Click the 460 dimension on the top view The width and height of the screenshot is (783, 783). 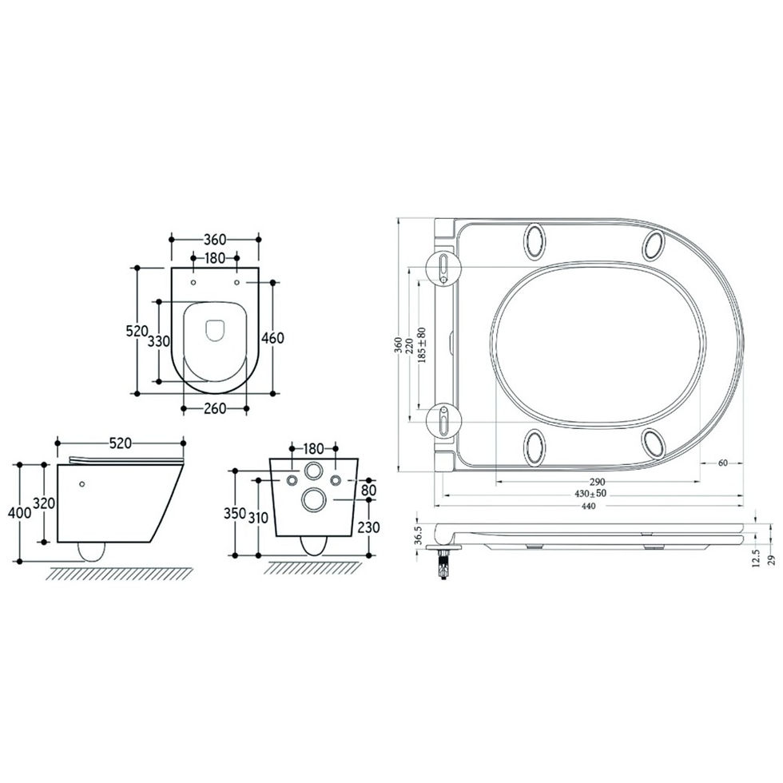pos(272,338)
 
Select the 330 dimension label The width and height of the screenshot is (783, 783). pos(159,342)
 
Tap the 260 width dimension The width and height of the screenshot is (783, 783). pos(215,408)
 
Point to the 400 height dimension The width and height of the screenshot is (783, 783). pos(20,512)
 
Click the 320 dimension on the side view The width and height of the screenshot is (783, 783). pos(44,503)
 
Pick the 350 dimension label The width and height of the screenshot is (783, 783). pos(235,513)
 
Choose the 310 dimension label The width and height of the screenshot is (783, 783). pos(258,518)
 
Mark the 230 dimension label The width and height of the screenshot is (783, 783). pos(369,527)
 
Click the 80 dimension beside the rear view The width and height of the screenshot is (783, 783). pos(368,490)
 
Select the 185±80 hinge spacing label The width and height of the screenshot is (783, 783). pos(422,344)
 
